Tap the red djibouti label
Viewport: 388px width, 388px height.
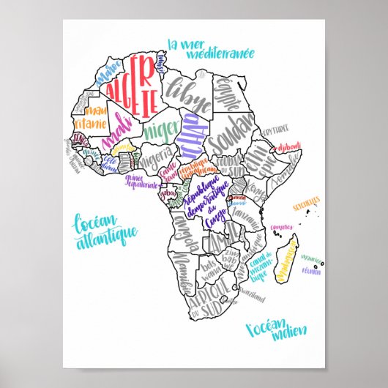point(289,148)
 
